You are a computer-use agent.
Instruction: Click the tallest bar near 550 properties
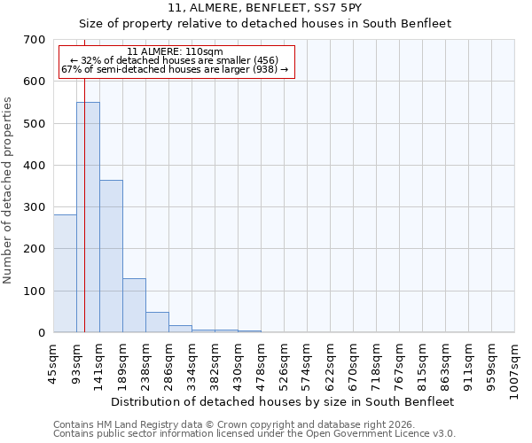pos(88,217)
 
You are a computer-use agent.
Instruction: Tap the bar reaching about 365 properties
pos(111,256)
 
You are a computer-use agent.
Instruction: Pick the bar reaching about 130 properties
pos(134,306)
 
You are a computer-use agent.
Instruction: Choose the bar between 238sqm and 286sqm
pos(157,323)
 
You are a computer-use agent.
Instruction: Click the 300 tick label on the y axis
pos(35,207)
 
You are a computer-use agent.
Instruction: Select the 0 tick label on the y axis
pos(42,333)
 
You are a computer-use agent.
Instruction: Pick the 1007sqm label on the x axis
pos(515,367)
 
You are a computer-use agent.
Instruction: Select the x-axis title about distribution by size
pos(284,401)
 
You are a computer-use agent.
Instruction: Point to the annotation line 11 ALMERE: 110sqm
pos(176,51)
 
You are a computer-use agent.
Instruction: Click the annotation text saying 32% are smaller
pos(176,60)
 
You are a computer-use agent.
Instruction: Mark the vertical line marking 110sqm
pos(84,195)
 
